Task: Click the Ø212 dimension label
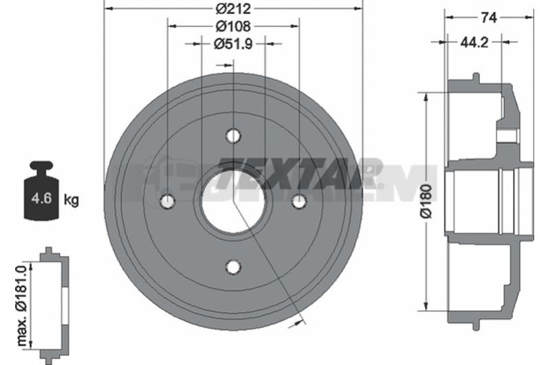(233, 8)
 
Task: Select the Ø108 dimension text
(233, 26)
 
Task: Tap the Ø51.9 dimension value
(233, 44)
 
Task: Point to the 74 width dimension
(489, 17)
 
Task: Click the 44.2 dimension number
(474, 43)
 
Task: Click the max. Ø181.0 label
(22, 305)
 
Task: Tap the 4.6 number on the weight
(41, 198)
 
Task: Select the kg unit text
(71, 200)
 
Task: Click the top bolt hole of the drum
(233, 135)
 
